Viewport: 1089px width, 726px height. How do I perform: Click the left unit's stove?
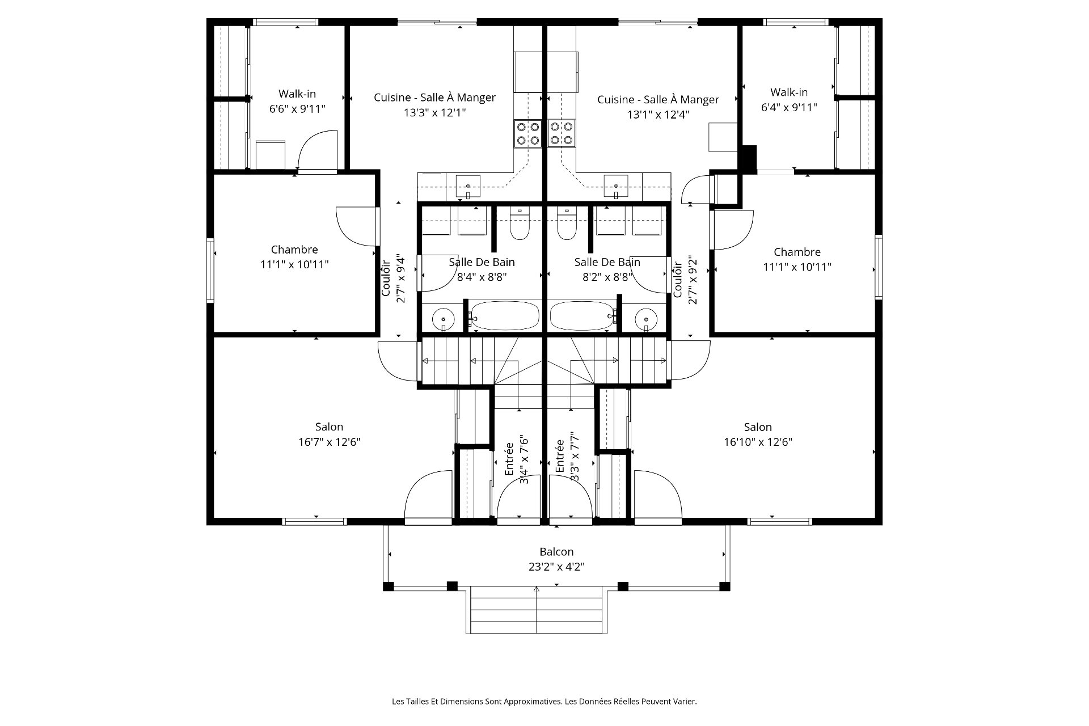pyautogui.click(x=527, y=134)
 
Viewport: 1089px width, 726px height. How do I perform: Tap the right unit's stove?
pyautogui.click(x=562, y=134)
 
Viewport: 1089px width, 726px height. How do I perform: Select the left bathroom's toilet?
pyautogui.click(x=520, y=225)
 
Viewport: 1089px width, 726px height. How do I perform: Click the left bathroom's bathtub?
pyautogui.click(x=505, y=316)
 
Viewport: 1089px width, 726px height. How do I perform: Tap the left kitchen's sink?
pyautogui.click(x=468, y=185)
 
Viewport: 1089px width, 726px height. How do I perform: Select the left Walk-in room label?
pyautogui.click(x=297, y=94)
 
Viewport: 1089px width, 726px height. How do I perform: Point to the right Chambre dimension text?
pyautogui.click(x=797, y=267)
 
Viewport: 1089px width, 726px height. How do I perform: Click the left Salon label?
pyautogui.click(x=329, y=427)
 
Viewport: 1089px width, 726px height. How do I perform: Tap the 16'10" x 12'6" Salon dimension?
pyautogui.click(x=758, y=442)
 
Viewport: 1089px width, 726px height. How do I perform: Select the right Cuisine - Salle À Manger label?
pyautogui.click(x=658, y=100)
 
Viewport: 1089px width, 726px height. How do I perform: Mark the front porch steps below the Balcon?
pyautogui.click(x=536, y=611)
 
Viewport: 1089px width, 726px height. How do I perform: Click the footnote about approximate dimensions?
pyautogui.click(x=544, y=702)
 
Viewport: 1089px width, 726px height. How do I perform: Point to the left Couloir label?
pyautogui.click(x=386, y=278)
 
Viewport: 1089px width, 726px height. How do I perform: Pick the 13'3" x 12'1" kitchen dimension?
pyautogui.click(x=434, y=113)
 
